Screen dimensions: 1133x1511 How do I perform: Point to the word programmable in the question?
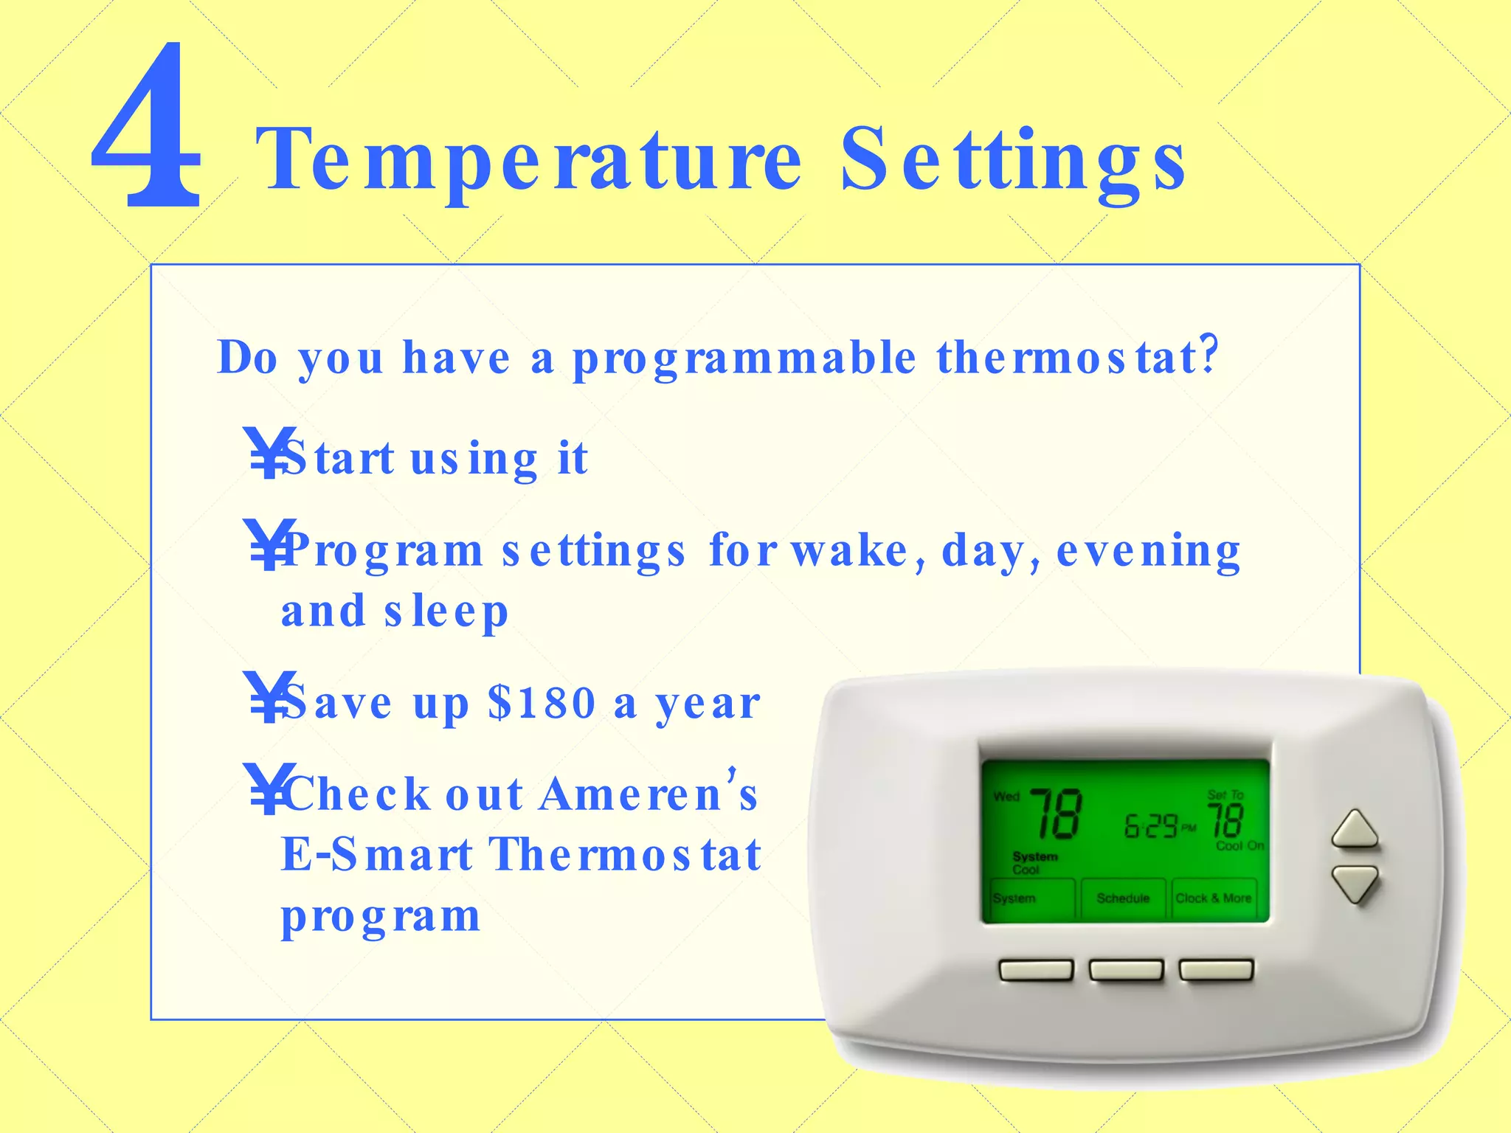[x=744, y=359]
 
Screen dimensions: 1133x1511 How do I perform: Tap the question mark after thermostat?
[x=1209, y=355]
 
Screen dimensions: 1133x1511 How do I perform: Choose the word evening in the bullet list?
[x=1148, y=551]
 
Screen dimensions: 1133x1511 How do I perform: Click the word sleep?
[x=446, y=612]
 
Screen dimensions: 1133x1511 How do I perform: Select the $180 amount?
[x=542, y=702]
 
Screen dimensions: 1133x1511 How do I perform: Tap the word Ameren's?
[x=649, y=794]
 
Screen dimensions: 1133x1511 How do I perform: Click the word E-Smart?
[x=376, y=855]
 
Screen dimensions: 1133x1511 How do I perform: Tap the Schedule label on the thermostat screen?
[x=1123, y=898]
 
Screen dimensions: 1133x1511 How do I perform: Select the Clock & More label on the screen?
[x=1213, y=898]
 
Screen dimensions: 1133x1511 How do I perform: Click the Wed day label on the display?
[x=1006, y=797]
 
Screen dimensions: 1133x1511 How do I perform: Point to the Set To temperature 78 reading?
[x=1225, y=821]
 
